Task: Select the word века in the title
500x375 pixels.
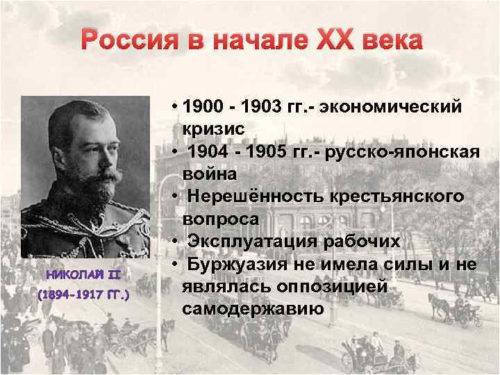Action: pos(388,41)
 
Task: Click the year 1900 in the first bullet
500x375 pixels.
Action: pos(206,107)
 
